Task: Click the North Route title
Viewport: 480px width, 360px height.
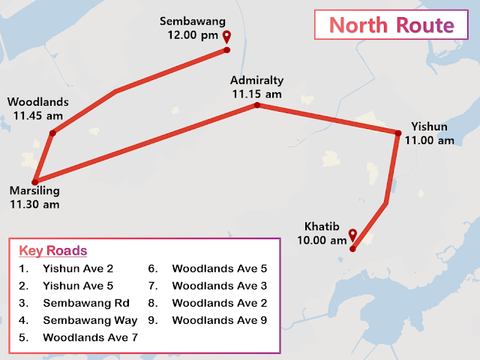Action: coord(391,25)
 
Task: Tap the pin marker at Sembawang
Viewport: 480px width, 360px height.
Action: coord(227,39)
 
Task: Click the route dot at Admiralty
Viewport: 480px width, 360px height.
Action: coord(256,105)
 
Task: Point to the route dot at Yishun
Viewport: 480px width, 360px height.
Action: coord(398,133)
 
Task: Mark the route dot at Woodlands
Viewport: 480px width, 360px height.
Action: coord(52,133)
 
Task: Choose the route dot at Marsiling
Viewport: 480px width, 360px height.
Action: coord(34,181)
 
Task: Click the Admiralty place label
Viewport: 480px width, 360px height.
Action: coord(257,80)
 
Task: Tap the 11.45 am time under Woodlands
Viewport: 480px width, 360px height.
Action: coord(37,115)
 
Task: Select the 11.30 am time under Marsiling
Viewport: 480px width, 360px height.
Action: coord(34,203)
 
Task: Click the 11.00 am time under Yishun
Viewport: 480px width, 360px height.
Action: coord(430,139)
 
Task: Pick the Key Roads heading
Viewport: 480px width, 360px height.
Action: coord(53,250)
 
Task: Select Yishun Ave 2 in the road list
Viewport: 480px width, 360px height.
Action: coord(78,268)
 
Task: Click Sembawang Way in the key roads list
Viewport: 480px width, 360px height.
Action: coord(90,320)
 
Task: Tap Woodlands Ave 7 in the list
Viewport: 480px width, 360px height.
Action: coord(90,337)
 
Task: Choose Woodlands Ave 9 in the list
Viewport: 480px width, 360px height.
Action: coord(219,320)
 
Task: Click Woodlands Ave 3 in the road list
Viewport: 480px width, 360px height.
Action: coord(219,285)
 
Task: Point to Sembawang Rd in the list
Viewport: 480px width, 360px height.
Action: coord(85,303)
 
